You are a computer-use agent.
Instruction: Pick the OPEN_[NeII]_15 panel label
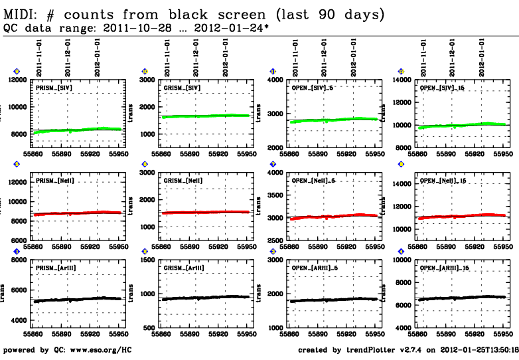click(x=447, y=180)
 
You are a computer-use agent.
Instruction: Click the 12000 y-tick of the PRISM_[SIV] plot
click(x=15, y=80)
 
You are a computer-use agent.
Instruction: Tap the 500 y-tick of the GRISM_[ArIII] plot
click(x=147, y=328)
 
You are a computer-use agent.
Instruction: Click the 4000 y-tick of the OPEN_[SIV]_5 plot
click(x=275, y=80)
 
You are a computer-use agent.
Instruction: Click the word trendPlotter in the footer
click(x=370, y=349)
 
